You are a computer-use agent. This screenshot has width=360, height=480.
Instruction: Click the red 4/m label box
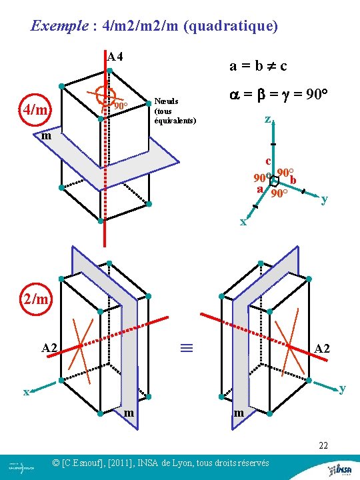click(35, 110)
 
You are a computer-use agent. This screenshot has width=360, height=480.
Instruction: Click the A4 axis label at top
click(115, 56)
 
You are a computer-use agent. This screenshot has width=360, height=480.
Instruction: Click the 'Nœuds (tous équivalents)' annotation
click(175, 111)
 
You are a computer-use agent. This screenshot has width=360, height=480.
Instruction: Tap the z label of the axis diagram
click(267, 120)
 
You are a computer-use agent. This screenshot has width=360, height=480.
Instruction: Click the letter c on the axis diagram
click(267, 161)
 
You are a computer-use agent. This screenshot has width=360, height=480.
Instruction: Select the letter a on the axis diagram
click(260, 189)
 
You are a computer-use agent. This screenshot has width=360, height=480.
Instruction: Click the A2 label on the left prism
click(49, 347)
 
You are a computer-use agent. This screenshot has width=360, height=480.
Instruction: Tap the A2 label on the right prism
click(322, 349)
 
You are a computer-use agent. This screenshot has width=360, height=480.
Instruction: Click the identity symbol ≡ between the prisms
click(187, 347)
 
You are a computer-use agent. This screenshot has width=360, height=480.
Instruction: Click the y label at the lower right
click(342, 388)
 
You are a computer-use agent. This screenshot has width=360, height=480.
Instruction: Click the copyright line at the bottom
click(160, 463)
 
